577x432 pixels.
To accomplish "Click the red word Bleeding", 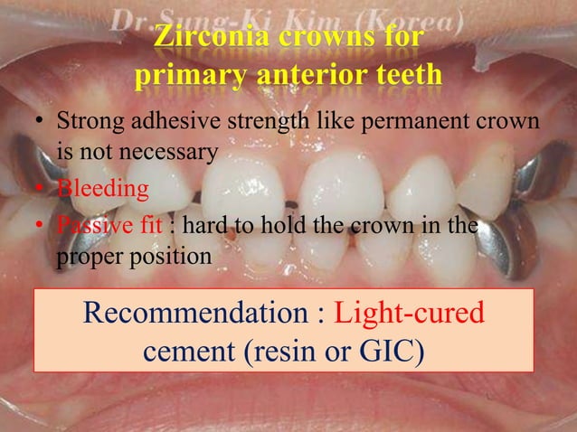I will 103,189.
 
